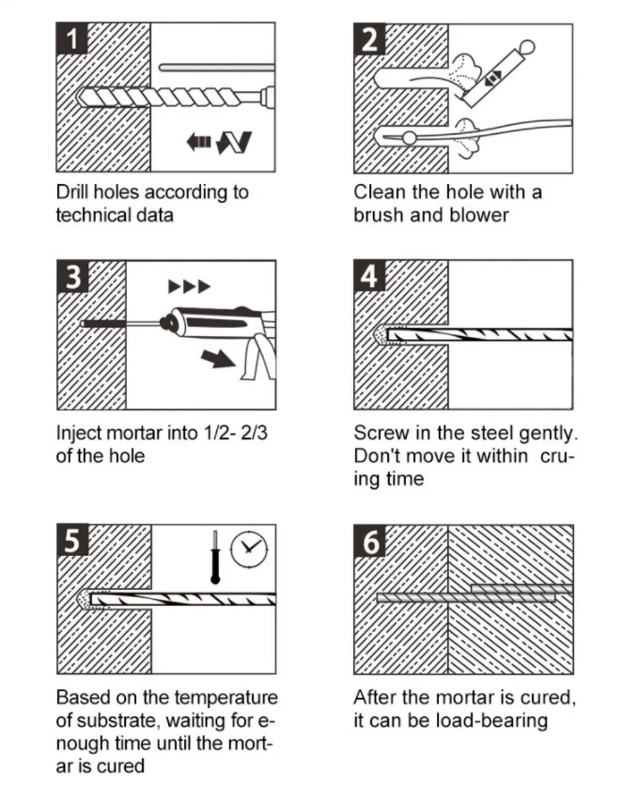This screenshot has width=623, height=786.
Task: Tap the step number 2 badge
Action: pyautogui.click(x=369, y=39)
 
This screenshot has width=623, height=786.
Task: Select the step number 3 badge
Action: pyautogui.click(x=73, y=277)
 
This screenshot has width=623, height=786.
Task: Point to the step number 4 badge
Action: pyautogui.click(x=369, y=276)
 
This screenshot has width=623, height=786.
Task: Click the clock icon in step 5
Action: pyautogui.click(x=249, y=548)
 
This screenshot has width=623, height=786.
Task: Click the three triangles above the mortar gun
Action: pyautogui.click(x=189, y=287)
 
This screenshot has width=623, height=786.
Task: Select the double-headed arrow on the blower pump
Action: pyautogui.click(x=493, y=77)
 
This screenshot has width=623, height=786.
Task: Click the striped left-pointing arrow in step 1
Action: pyautogui.click(x=199, y=142)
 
